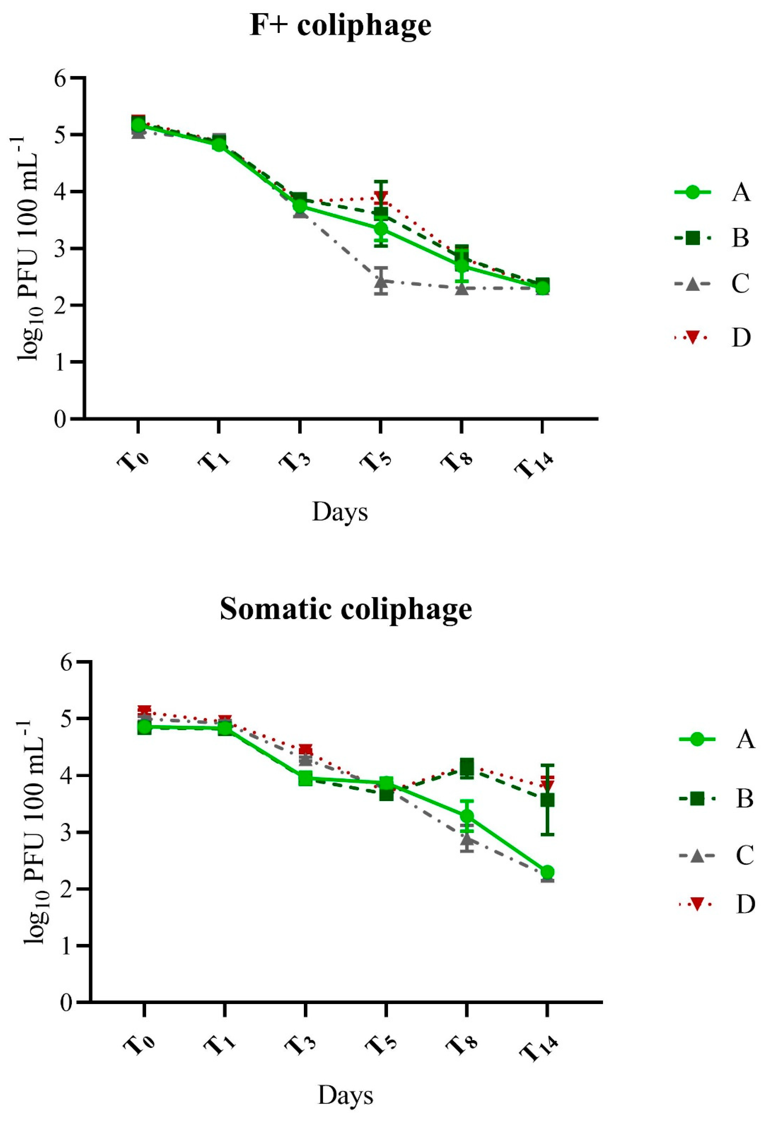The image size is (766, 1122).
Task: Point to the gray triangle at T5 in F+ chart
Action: click(x=381, y=280)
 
